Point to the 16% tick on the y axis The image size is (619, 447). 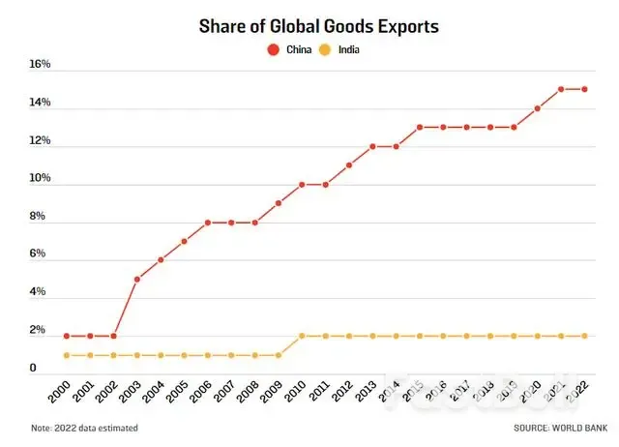[40, 66]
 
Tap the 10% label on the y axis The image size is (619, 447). [40, 179]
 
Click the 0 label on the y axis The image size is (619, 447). [33, 369]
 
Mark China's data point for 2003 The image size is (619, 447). [137, 280]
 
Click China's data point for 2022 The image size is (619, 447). [585, 89]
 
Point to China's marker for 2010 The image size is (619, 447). [302, 184]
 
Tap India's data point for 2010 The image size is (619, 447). [302, 336]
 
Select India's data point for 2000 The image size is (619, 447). [67, 355]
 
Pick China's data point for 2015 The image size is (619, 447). [420, 127]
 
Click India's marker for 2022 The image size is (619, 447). [585, 336]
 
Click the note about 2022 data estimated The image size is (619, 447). [84, 428]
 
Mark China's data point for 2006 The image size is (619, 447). [208, 223]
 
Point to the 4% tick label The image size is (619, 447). [38, 292]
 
